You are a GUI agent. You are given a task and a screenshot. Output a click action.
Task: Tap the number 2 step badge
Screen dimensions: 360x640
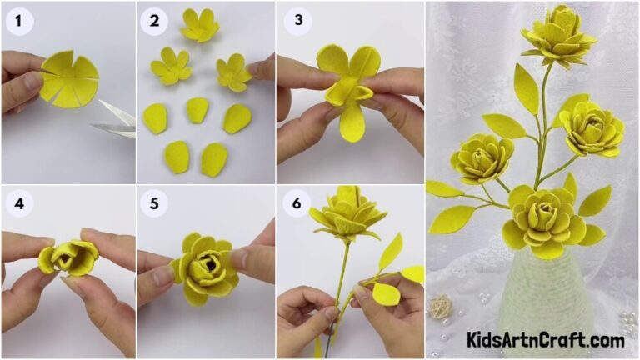[x=154, y=22]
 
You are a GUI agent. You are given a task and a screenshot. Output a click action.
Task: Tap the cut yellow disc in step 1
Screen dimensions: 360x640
[x=71, y=79]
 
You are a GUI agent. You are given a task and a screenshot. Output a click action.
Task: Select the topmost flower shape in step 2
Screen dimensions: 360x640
[x=199, y=26]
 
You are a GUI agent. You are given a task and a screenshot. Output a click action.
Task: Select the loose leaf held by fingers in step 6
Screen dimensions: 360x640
[x=384, y=292]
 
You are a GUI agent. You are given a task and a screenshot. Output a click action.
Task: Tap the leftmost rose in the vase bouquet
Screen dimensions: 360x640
[x=482, y=157]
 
